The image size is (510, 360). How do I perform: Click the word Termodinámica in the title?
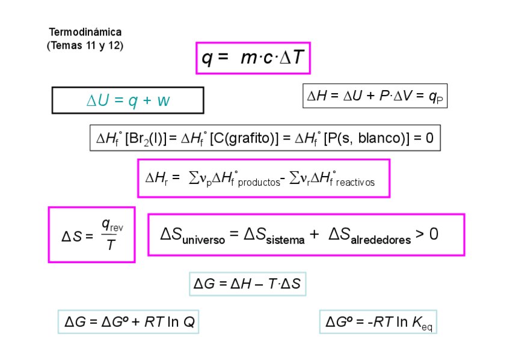pos(85,32)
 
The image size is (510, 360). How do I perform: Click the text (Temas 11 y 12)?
pos(85,45)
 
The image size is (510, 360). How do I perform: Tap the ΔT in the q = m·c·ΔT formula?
pos(292,58)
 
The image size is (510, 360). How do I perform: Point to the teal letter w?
pos(163,100)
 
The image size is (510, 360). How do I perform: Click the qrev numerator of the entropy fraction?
pos(112,225)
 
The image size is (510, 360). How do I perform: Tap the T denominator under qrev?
pos(111,245)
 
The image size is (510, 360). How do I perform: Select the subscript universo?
pos(203,240)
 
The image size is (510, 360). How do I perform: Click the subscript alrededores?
pos(382,240)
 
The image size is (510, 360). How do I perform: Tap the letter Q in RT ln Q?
pos(189,322)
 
